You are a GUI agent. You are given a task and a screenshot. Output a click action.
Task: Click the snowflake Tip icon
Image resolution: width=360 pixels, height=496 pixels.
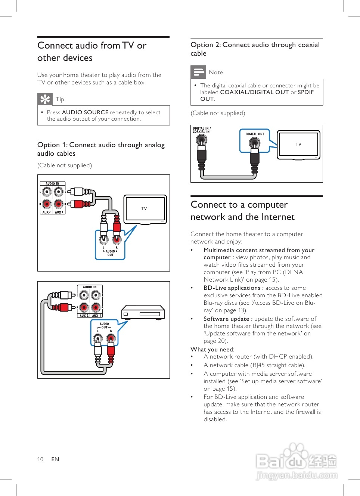click(45, 99)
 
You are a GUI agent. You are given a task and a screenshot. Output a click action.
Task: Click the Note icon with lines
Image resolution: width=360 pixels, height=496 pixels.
click(198, 72)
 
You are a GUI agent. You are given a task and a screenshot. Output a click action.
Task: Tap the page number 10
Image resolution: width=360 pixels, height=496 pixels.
click(40, 459)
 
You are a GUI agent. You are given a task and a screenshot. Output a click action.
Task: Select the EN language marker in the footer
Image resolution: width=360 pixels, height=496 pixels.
click(55, 459)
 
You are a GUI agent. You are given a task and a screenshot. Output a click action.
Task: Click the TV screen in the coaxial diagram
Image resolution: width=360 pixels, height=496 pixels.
click(298, 144)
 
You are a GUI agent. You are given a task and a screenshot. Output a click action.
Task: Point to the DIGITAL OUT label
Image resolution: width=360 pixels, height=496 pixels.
click(255, 134)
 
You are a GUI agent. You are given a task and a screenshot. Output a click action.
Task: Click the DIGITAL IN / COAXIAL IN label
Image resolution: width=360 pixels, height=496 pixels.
click(202, 130)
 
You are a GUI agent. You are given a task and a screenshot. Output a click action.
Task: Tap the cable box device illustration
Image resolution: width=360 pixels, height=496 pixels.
click(143, 312)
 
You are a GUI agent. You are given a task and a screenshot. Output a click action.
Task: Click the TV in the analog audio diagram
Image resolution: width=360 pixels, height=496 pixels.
click(145, 209)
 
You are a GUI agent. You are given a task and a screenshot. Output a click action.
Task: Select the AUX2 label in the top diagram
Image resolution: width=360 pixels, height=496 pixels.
click(47, 212)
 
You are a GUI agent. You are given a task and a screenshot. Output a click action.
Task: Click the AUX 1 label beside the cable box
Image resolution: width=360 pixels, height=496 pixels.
click(96, 316)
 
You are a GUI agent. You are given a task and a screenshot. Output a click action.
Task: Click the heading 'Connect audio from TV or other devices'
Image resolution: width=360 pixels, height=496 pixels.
click(92, 52)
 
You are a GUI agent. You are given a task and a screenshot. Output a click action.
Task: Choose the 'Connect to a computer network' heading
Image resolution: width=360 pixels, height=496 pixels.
click(242, 211)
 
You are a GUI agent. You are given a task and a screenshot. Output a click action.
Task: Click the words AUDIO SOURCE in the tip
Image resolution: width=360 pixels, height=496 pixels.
click(85, 112)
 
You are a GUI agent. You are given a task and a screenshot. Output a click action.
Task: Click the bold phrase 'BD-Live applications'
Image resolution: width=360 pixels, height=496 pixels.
click(232, 288)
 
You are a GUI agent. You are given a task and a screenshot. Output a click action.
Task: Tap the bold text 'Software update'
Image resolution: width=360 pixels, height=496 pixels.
click(226, 319)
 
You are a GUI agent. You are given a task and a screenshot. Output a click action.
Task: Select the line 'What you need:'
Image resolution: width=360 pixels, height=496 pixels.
click(212, 350)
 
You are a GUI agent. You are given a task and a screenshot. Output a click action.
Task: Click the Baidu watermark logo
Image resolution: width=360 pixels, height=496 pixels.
click(297, 462)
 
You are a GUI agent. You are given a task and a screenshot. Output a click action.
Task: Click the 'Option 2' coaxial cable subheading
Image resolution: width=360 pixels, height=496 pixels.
click(255, 49)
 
